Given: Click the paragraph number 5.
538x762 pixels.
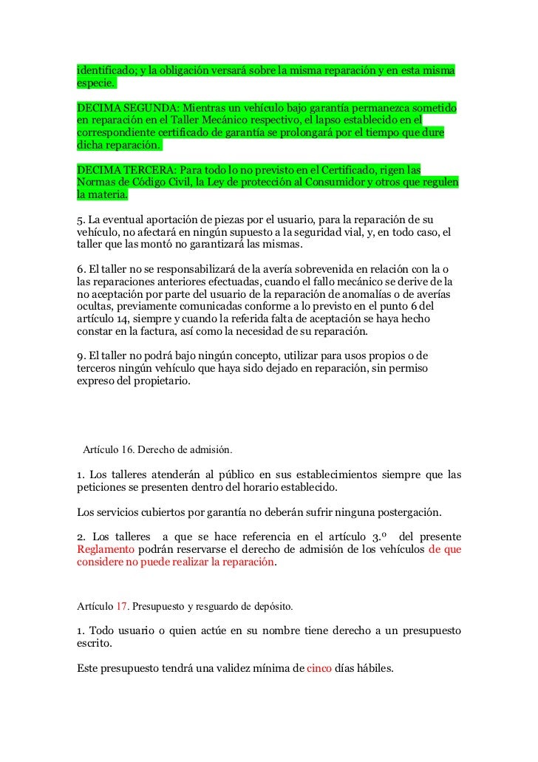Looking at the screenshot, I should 80,220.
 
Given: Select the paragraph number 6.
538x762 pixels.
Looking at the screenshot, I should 80,270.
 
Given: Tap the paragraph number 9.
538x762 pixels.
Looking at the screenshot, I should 80,357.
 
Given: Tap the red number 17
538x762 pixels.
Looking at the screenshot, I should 123,607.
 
